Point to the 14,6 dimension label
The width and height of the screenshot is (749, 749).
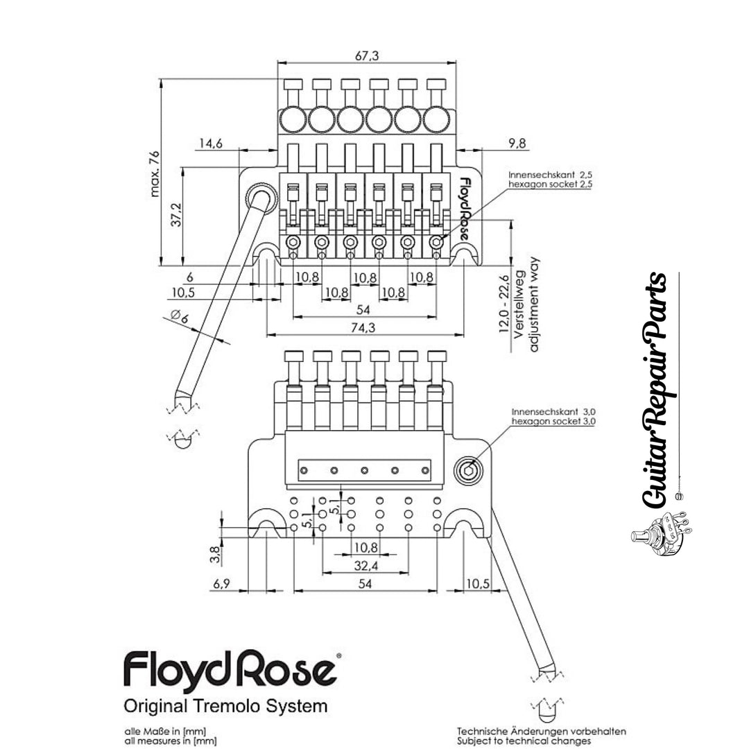[x=209, y=144]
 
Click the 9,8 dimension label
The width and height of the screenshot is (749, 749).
[x=517, y=144]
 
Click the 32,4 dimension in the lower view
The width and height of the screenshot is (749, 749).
[x=365, y=567]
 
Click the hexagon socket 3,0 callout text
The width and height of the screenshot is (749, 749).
[x=553, y=421]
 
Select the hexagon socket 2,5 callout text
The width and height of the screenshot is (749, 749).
[x=549, y=185]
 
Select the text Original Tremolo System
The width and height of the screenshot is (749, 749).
[x=225, y=707]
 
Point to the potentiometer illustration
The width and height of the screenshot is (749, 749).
[x=658, y=531]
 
